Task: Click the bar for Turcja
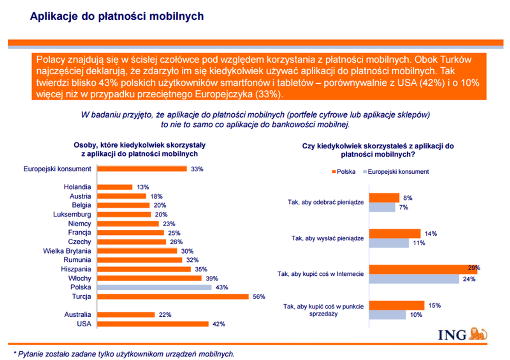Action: tap(173, 297)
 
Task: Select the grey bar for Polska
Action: tap(154, 287)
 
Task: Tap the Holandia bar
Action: tap(115, 187)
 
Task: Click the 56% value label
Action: tap(259, 297)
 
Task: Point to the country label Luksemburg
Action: tap(72, 214)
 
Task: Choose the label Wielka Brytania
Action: tap(67, 251)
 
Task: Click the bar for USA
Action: tap(153, 324)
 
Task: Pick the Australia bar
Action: tap(126, 315)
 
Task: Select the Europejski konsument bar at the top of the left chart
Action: tap(142, 169)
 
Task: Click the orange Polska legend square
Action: tap(333, 171)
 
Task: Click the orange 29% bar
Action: tap(423, 269)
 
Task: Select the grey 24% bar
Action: tap(414, 279)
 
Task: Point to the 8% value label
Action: tap(408, 198)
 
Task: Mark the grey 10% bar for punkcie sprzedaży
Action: tap(387, 315)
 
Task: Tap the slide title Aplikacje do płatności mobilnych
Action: tap(116, 17)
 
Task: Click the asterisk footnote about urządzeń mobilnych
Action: tap(124, 354)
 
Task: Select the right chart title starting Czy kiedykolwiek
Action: tap(378, 150)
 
